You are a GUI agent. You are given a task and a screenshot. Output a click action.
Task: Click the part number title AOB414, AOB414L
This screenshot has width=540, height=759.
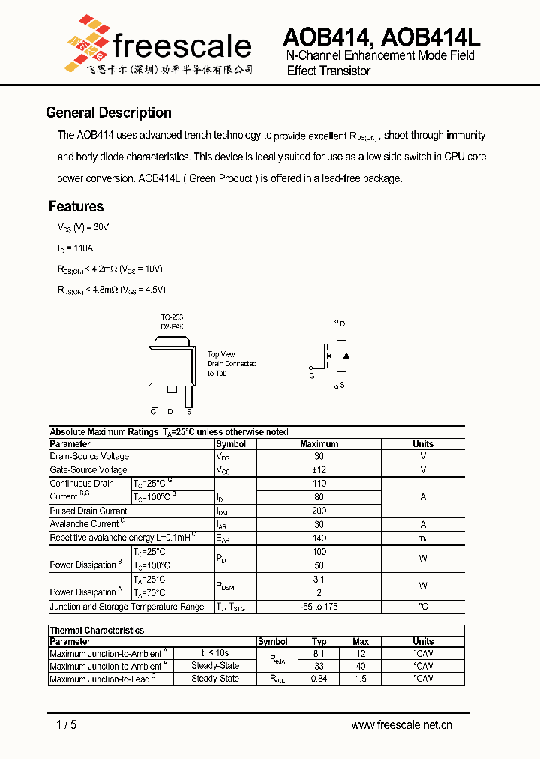click(x=381, y=36)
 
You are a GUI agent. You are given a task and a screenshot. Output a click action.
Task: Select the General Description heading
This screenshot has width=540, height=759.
click(x=109, y=112)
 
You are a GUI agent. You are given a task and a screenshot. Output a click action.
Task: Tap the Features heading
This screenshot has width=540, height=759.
click(x=76, y=206)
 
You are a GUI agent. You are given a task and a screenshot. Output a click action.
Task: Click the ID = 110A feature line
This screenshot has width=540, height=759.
click(x=75, y=247)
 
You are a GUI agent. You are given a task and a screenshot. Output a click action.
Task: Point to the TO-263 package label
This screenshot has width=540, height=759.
click(x=171, y=317)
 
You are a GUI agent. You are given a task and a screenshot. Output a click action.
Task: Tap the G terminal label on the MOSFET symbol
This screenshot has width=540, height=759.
click(x=311, y=375)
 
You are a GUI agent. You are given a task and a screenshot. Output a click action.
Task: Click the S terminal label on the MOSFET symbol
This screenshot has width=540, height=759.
click(x=342, y=385)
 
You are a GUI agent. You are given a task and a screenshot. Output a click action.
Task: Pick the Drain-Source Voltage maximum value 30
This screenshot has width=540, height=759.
click(x=319, y=456)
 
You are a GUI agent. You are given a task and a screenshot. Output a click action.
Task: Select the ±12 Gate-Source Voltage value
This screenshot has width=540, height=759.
click(x=319, y=469)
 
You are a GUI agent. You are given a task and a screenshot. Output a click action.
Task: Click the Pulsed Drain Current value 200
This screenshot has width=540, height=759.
click(x=319, y=511)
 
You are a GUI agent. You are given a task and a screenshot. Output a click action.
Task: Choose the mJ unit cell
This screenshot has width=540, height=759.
click(x=423, y=538)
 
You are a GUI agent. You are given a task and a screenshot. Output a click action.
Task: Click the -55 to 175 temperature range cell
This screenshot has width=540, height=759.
click(x=319, y=607)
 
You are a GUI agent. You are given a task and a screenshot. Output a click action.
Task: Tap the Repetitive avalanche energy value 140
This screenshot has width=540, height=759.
click(x=319, y=538)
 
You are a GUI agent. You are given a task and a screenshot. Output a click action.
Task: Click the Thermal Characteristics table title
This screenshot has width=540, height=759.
click(x=97, y=631)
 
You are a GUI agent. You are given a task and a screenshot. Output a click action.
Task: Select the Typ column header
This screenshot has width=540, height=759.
click(x=319, y=642)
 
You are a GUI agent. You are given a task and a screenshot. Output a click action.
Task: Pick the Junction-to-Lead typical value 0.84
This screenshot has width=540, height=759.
click(x=319, y=679)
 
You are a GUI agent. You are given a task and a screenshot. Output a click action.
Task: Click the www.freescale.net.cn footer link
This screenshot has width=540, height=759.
click(x=401, y=724)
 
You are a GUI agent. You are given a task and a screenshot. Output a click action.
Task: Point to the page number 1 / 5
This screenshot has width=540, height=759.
click(x=66, y=724)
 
